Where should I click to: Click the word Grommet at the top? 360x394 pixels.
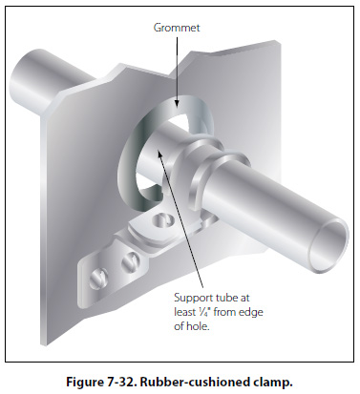click(x=177, y=28)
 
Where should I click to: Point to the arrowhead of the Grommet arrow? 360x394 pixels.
click(x=177, y=102)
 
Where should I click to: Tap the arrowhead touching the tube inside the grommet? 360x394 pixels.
click(x=160, y=152)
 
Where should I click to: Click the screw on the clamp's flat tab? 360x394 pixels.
click(x=162, y=219)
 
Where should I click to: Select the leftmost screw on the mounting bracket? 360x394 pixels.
click(x=97, y=279)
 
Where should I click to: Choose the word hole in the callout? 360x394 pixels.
click(x=199, y=326)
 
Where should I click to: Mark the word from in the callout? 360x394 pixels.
click(x=224, y=312)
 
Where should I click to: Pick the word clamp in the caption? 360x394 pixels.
click(x=276, y=382)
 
